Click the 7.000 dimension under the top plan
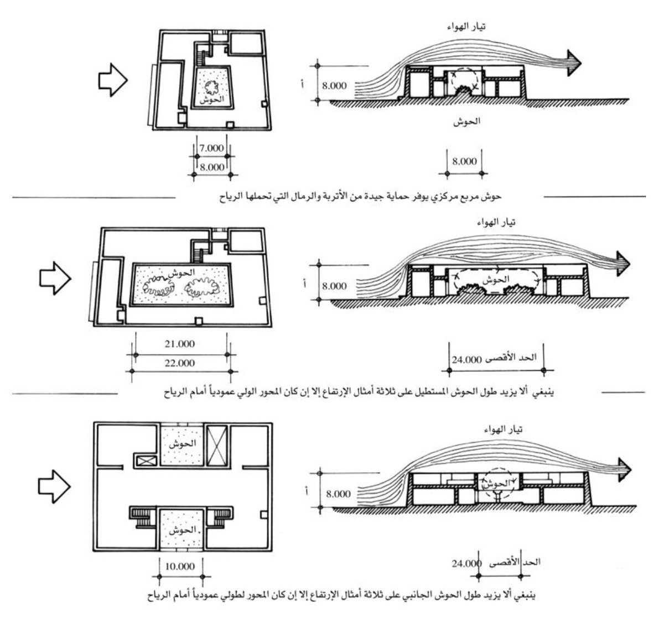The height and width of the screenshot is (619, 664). (x=212, y=148)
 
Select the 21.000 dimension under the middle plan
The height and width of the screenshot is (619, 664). (x=180, y=344)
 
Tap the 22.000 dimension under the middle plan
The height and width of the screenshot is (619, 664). (x=180, y=363)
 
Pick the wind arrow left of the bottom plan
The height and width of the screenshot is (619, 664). (x=54, y=486)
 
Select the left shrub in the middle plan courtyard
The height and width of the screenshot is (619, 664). (x=161, y=286)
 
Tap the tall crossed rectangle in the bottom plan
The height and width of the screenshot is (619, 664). (x=216, y=444)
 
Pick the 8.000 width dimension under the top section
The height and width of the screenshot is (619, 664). (x=464, y=162)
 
